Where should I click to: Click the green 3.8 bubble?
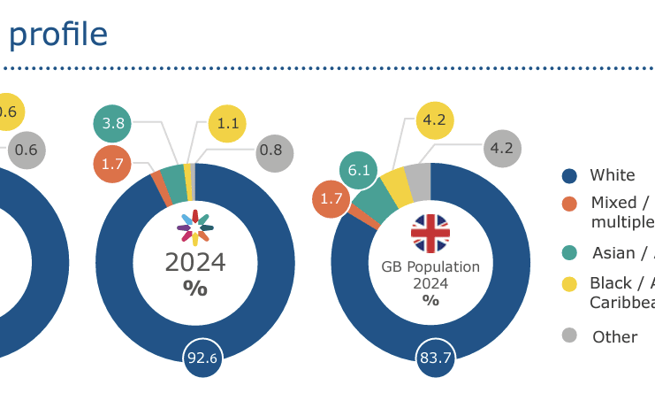(x=112, y=124)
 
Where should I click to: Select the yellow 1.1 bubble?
(x=227, y=124)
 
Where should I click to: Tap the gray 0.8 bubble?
(x=270, y=151)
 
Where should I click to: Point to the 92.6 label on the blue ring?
(x=202, y=358)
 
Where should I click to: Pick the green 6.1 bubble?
(x=359, y=171)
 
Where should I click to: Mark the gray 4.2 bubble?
(x=501, y=148)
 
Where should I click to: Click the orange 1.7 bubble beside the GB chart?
(x=331, y=199)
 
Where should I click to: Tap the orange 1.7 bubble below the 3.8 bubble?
(x=112, y=164)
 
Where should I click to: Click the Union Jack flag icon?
(x=430, y=233)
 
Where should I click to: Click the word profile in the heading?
(x=58, y=35)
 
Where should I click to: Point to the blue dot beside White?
(x=570, y=175)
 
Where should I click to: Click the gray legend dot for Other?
(x=570, y=336)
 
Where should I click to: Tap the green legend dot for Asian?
(x=570, y=253)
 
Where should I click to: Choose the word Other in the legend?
(x=614, y=336)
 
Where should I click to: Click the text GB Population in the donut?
(x=430, y=266)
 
